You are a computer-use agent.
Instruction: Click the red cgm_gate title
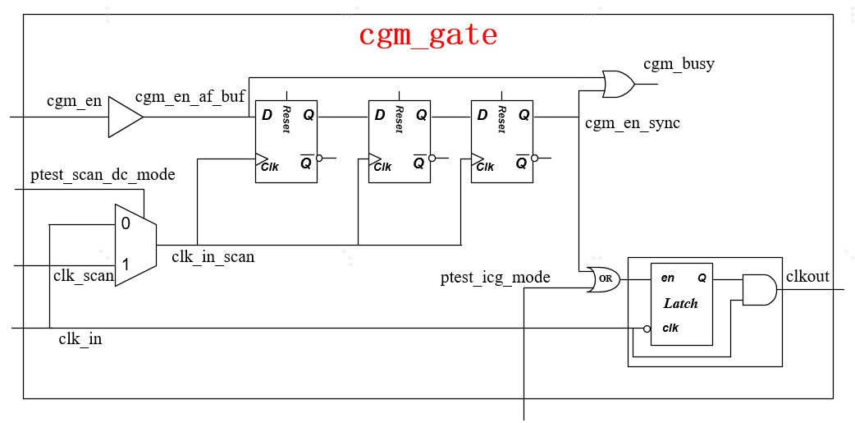click(427, 35)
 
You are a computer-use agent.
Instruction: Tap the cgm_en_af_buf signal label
click(190, 98)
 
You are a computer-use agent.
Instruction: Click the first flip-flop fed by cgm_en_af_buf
click(286, 141)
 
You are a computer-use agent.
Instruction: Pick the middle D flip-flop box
click(399, 141)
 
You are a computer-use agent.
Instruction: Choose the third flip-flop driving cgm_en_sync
click(501, 141)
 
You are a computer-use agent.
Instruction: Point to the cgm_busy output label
click(679, 64)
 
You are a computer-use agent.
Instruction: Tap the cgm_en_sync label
click(632, 124)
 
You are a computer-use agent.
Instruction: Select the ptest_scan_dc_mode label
click(103, 175)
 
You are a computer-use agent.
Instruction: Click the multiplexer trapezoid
click(135, 245)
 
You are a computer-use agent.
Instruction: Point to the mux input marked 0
click(126, 223)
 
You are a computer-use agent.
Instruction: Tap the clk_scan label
click(84, 276)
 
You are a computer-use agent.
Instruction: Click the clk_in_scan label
click(213, 257)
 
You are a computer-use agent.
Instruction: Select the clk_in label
click(80, 338)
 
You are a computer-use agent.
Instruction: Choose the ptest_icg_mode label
click(495, 278)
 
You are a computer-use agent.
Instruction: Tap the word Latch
click(680, 303)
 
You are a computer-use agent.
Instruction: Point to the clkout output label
click(807, 277)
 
